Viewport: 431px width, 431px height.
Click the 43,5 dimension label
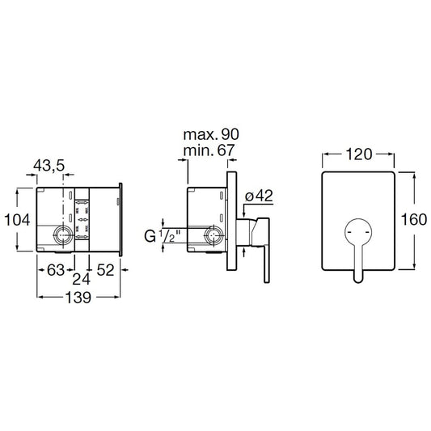(49, 166)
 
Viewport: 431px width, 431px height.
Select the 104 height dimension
(17, 220)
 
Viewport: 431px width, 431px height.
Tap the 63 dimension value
(56, 270)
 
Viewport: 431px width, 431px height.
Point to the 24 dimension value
(82, 280)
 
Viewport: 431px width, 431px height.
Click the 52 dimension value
(105, 270)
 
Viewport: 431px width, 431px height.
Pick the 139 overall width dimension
(78, 298)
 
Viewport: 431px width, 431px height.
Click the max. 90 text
(211, 134)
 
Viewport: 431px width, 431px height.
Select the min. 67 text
(209, 150)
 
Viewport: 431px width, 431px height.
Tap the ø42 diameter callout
(259, 196)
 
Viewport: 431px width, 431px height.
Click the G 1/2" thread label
(163, 236)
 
